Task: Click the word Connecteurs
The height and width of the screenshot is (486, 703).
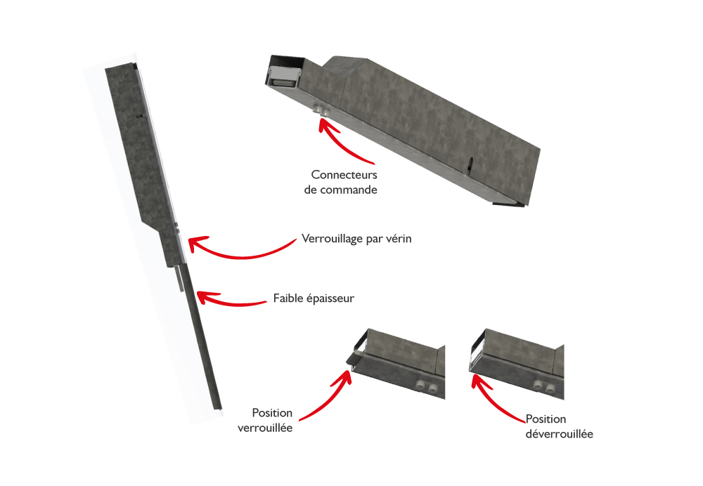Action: [x=344, y=175]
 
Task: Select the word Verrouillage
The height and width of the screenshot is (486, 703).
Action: [x=333, y=239]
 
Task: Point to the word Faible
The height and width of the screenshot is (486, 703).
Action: [x=288, y=298]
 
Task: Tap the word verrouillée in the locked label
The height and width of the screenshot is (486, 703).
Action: [x=265, y=428]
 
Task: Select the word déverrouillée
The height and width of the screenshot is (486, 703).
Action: [x=559, y=433]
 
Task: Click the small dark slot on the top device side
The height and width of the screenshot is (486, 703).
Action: [x=469, y=165]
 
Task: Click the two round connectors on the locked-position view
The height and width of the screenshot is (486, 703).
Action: [x=427, y=386]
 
